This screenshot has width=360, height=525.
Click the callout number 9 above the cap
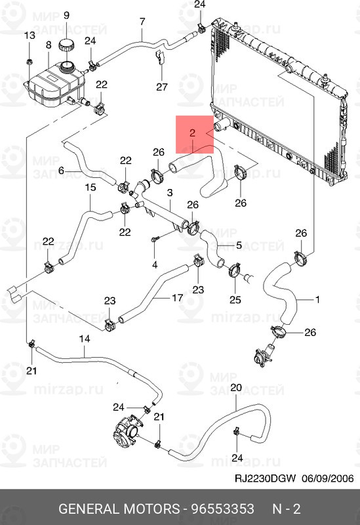coord(66,15)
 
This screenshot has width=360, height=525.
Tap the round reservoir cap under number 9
coord(66,45)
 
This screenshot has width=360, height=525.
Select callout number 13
coord(30,35)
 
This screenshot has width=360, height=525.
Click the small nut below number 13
coord(29,61)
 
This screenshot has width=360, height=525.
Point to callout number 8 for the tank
coord(49,45)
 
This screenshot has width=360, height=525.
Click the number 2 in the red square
coord(192,133)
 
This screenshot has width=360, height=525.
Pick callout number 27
coord(161,87)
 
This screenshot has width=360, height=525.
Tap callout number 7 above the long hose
coord(142,22)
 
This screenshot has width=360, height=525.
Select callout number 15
coord(90,187)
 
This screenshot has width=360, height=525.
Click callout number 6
coord(61,171)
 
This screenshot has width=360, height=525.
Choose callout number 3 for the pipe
coord(170,193)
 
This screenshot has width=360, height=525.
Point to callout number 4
coord(155,265)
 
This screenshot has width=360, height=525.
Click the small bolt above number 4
coord(155,238)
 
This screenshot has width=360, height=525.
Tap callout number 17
coord(177,297)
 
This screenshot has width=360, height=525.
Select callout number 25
coord(235,299)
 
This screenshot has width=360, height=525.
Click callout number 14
coord(85,339)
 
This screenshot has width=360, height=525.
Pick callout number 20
coord(236,388)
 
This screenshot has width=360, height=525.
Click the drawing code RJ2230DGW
coord(265,478)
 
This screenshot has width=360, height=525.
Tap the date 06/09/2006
coord(328,478)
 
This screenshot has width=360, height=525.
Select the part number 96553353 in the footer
coord(222,509)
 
